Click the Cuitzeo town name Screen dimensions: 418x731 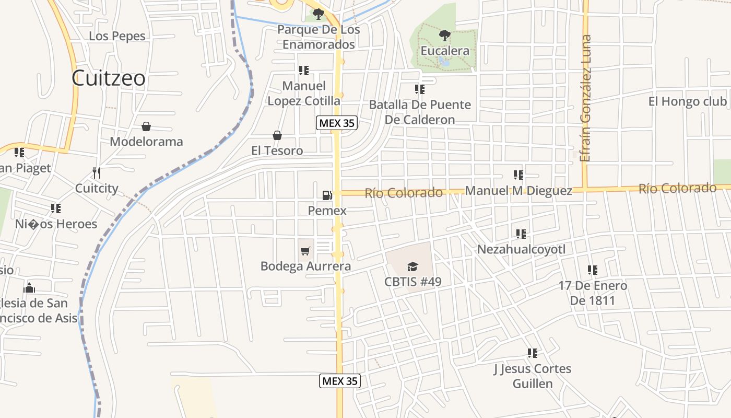tap(109, 78)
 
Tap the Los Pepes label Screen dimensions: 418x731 tap(117, 36)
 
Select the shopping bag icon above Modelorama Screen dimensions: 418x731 tap(146, 126)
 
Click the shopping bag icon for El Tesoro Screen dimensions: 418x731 tap(277, 136)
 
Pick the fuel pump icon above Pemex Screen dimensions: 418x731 tap(327, 195)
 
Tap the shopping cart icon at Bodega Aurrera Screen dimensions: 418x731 tap(305, 251)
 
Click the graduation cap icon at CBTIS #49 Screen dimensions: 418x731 tap(413, 267)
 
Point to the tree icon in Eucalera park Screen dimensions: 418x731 tap(445, 36)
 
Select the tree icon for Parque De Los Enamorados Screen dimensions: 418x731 tap(318, 14)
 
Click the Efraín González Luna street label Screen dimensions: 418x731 tap(586, 98)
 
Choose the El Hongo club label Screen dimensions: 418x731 tap(687, 101)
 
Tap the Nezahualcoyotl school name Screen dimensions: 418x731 tap(521, 249)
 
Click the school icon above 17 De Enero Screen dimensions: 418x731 tap(593, 270)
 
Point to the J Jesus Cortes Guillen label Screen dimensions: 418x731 tap(533, 376)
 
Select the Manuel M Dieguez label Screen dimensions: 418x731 tap(518, 191)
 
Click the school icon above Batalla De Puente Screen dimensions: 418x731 tap(420, 89)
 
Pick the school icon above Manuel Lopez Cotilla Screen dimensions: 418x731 tap(304, 70)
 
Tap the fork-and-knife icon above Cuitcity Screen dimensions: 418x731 tap(96, 172)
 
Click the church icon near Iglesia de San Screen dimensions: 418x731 tap(30, 288)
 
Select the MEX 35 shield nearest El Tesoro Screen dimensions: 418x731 tap(337, 123)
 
